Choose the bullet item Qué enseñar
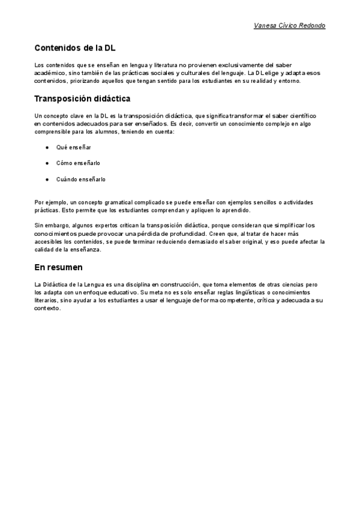[x=73, y=147]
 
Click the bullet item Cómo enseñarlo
[x=78, y=163]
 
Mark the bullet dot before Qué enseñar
[x=47, y=147]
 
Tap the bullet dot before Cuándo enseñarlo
[x=47, y=179]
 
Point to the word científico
[x=308, y=115]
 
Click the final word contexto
[x=48, y=307]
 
